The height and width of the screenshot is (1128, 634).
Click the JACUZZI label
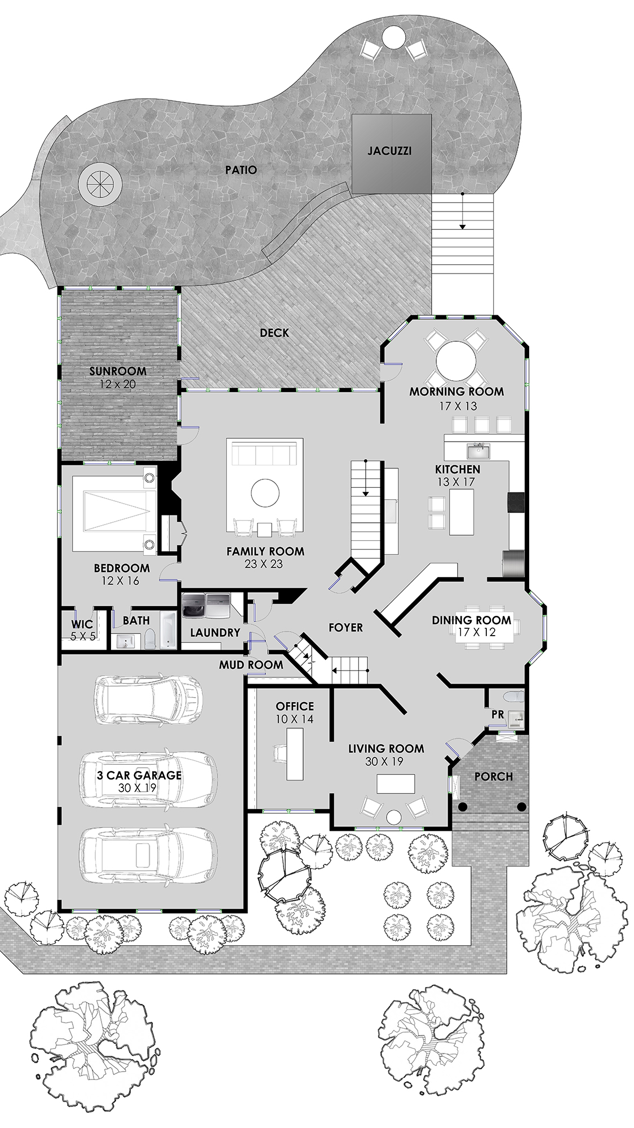click(389, 151)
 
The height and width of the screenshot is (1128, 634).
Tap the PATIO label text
click(241, 170)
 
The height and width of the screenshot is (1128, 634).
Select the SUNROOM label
click(118, 371)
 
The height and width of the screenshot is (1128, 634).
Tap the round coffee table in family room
click(265, 493)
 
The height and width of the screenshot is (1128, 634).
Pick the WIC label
click(82, 624)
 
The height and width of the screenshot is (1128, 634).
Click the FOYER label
click(345, 627)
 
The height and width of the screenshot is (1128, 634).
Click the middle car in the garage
click(149, 779)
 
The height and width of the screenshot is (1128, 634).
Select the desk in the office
click(295, 754)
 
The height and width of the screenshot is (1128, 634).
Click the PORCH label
click(494, 776)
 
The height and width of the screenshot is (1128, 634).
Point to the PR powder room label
click(498, 715)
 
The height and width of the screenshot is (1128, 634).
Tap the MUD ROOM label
click(251, 665)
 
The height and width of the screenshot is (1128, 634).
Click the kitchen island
click(462, 512)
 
